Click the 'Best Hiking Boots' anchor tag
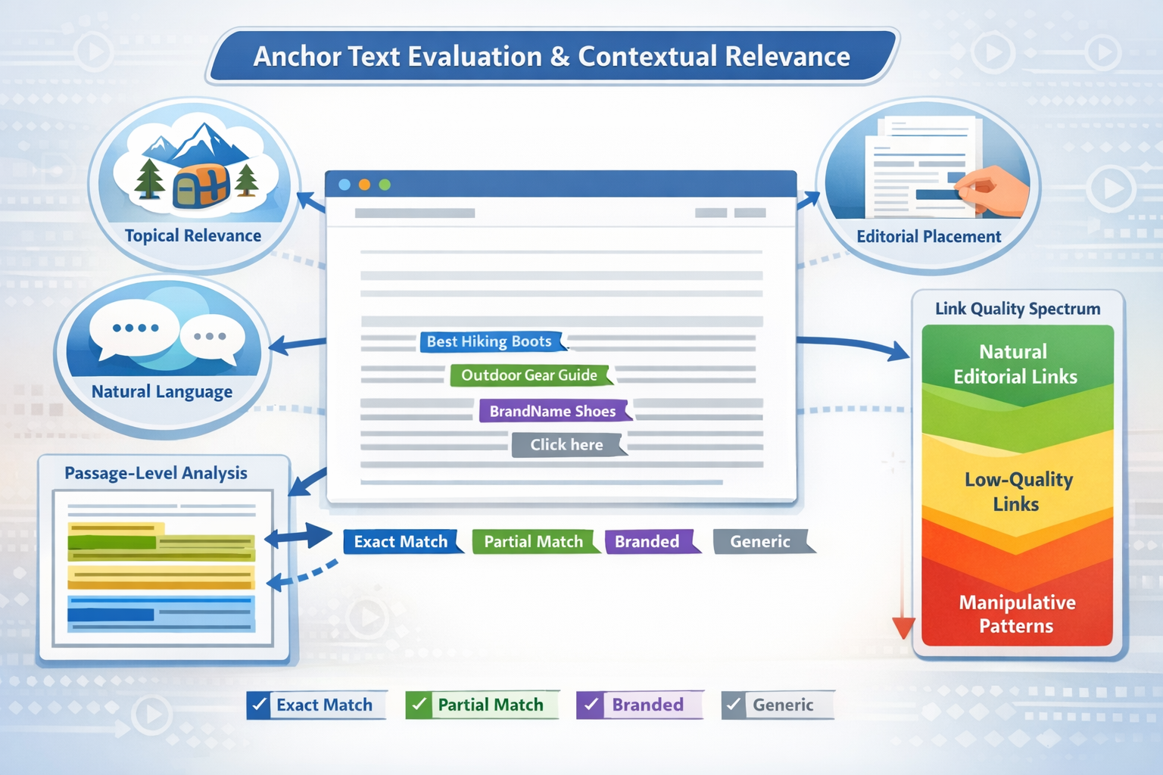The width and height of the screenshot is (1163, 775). [489, 341]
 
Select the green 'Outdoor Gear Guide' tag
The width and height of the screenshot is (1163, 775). [529, 375]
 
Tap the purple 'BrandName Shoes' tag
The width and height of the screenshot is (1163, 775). [553, 411]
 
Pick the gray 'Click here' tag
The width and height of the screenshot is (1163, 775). [566, 445]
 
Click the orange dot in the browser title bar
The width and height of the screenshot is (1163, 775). [364, 185]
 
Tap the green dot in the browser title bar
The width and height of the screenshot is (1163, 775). [385, 185]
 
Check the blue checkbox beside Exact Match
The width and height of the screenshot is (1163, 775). [259, 705]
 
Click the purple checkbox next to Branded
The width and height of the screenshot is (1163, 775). [590, 705]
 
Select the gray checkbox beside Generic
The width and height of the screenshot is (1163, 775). [733, 705]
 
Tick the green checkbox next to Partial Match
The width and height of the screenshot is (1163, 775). [418, 705]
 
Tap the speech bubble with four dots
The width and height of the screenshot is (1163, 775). [135, 329]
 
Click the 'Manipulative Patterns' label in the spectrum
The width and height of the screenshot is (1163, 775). [1017, 614]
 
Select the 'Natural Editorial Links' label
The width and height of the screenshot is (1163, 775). [1015, 364]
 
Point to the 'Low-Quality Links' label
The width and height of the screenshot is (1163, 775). [1018, 492]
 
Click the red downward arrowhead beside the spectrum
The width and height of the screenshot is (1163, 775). [903, 627]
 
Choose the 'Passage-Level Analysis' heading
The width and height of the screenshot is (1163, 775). [156, 473]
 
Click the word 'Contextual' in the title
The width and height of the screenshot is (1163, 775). [647, 57]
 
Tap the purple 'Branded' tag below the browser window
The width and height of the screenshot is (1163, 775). [647, 542]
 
